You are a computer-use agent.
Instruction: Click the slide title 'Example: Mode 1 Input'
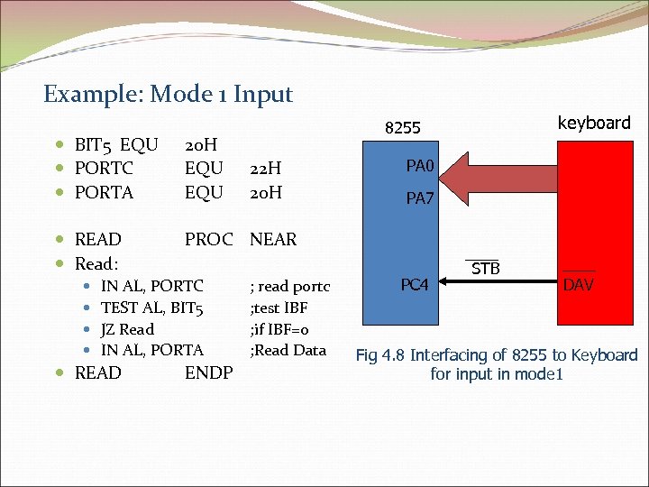click(168, 94)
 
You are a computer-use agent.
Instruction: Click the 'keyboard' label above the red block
click(594, 123)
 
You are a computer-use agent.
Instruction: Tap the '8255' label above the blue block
click(403, 128)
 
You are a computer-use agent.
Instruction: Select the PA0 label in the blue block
click(419, 165)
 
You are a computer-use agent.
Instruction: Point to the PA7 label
click(419, 198)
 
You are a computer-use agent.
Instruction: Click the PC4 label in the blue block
click(414, 285)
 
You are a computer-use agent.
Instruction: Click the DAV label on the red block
click(578, 285)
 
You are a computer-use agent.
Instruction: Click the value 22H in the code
click(266, 168)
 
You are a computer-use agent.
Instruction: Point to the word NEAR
click(273, 239)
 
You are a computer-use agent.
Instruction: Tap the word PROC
click(214, 239)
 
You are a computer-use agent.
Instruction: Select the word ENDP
click(208, 372)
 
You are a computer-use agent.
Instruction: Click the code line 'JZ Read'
click(127, 329)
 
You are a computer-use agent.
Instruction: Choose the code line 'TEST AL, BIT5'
click(152, 308)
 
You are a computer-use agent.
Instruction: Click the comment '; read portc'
click(289, 287)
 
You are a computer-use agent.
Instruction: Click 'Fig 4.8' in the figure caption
click(384, 355)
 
